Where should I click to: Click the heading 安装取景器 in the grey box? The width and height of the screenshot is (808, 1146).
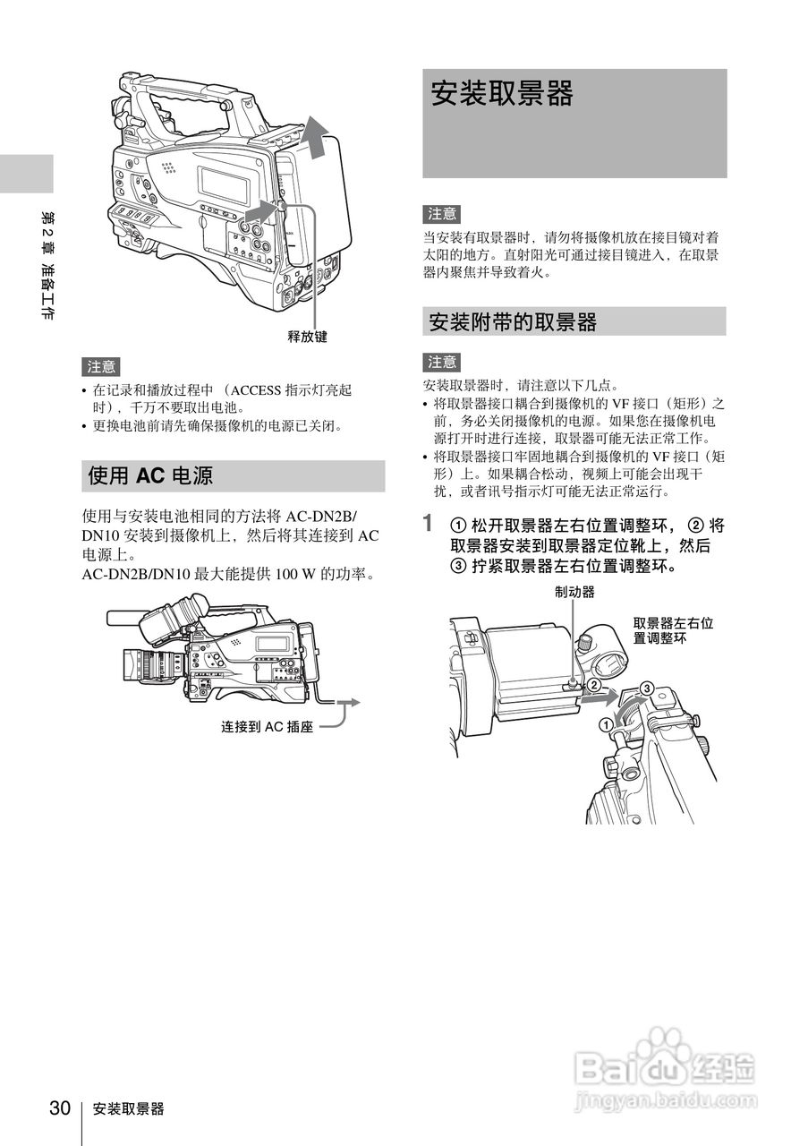click(502, 94)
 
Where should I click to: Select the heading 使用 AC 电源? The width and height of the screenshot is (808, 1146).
click(150, 475)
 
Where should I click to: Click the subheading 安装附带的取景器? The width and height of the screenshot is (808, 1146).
click(512, 321)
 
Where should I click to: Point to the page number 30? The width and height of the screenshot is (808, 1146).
click(60, 1108)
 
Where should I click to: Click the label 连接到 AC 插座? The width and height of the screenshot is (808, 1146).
click(267, 727)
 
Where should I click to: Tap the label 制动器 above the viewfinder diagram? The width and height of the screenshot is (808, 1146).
click(574, 592)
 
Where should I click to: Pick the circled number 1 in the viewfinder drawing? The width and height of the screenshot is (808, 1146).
click(606, 724)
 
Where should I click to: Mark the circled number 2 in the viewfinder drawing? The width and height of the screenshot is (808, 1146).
click(593, 685)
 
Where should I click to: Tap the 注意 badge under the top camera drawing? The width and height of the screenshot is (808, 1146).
click(101, 366)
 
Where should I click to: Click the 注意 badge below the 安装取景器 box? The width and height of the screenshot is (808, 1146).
click(442, 213)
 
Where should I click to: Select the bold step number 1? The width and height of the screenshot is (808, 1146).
click(430, 522)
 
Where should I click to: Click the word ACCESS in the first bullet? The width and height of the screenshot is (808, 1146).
click(257, 390)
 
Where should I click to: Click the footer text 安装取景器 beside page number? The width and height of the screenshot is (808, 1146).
click(128, 1109)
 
